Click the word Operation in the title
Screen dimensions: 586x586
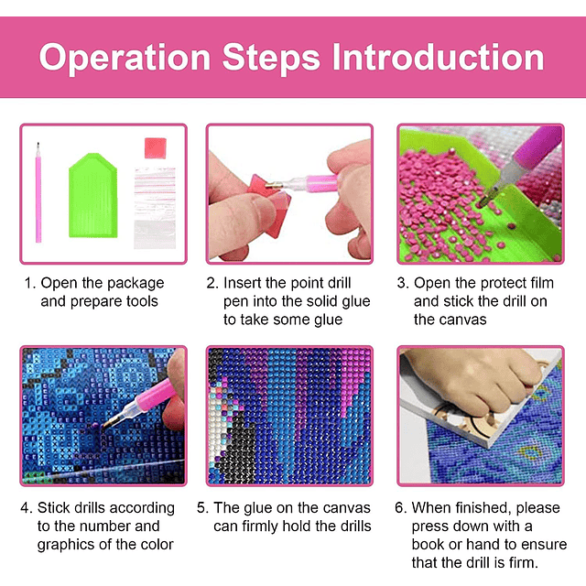tap(125, 58)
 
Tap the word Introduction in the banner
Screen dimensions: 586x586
tap(438, 57)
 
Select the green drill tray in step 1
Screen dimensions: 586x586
tap(93, 195)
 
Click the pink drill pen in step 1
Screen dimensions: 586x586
tap(38, 192)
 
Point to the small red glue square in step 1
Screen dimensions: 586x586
tap(156, 148)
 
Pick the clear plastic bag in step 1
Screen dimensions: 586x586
tap(155, 208)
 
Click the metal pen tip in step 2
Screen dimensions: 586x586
tap(274, 185)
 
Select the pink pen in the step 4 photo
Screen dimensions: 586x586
tap(142, 404)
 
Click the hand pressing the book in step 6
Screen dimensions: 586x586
tap(472, 377)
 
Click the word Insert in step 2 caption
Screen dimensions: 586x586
tap(241, 283)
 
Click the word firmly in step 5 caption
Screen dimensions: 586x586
tap(259, 526)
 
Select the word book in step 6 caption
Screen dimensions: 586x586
tap(428, 544)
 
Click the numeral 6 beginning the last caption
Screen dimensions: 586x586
tap(399, 508)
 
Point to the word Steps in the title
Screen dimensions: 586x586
tap(271, 58)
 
